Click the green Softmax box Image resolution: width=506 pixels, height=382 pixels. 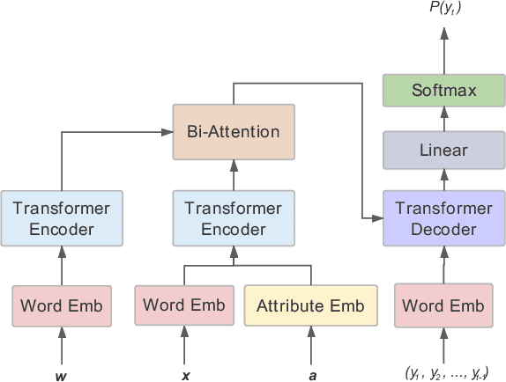pyautogui.click(x=443, y=91)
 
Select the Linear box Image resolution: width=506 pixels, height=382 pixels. pyautogui.click(x=443, y=150)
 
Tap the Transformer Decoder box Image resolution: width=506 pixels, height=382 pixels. pyautogui.click(x=443, y=218)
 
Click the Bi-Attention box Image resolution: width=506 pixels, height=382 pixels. pyautogui.click(x=233, y=133)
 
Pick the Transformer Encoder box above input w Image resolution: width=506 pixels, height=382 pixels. pyautogui.click(x=62, y=218)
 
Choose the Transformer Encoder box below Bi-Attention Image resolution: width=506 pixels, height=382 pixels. pyautogui.click(x=233, y=218)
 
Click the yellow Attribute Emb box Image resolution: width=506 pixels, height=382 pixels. pyautogui.click(x=310, y=306)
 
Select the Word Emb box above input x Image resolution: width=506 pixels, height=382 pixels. pyautogui.click(x=183, y=305)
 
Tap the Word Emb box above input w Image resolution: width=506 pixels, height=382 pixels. pyautogui.click(x=62, y=306)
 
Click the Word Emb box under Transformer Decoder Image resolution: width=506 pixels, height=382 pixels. pyautogui.click(x=443, y=306)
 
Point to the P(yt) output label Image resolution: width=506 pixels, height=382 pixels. pyautogui.click(x=443, y=11)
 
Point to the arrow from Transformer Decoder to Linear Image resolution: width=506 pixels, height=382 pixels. pyautogui.click(x=443, y=180)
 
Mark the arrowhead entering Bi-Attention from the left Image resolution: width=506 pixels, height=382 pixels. pyautogui.click(x=167, y=133)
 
